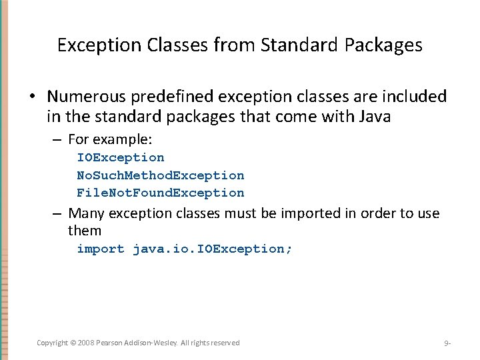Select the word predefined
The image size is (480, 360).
click(x=170, y=97)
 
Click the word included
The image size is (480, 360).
click(x=416, y=97)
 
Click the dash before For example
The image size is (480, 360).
click(x=58, y=140)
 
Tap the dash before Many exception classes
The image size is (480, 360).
click(x=58, y=213)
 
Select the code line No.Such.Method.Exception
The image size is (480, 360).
click(x=160, y=175)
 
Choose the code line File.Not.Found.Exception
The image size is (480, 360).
click(x=160, y=193)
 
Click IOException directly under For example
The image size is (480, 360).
click(x=120, y=157)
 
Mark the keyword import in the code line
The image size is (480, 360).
click(x=101, y=249)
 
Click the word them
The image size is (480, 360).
click(x=85, y=231)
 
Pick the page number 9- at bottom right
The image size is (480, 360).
click(x=447, y=343)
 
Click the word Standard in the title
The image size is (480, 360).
click(x=290, y=45)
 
